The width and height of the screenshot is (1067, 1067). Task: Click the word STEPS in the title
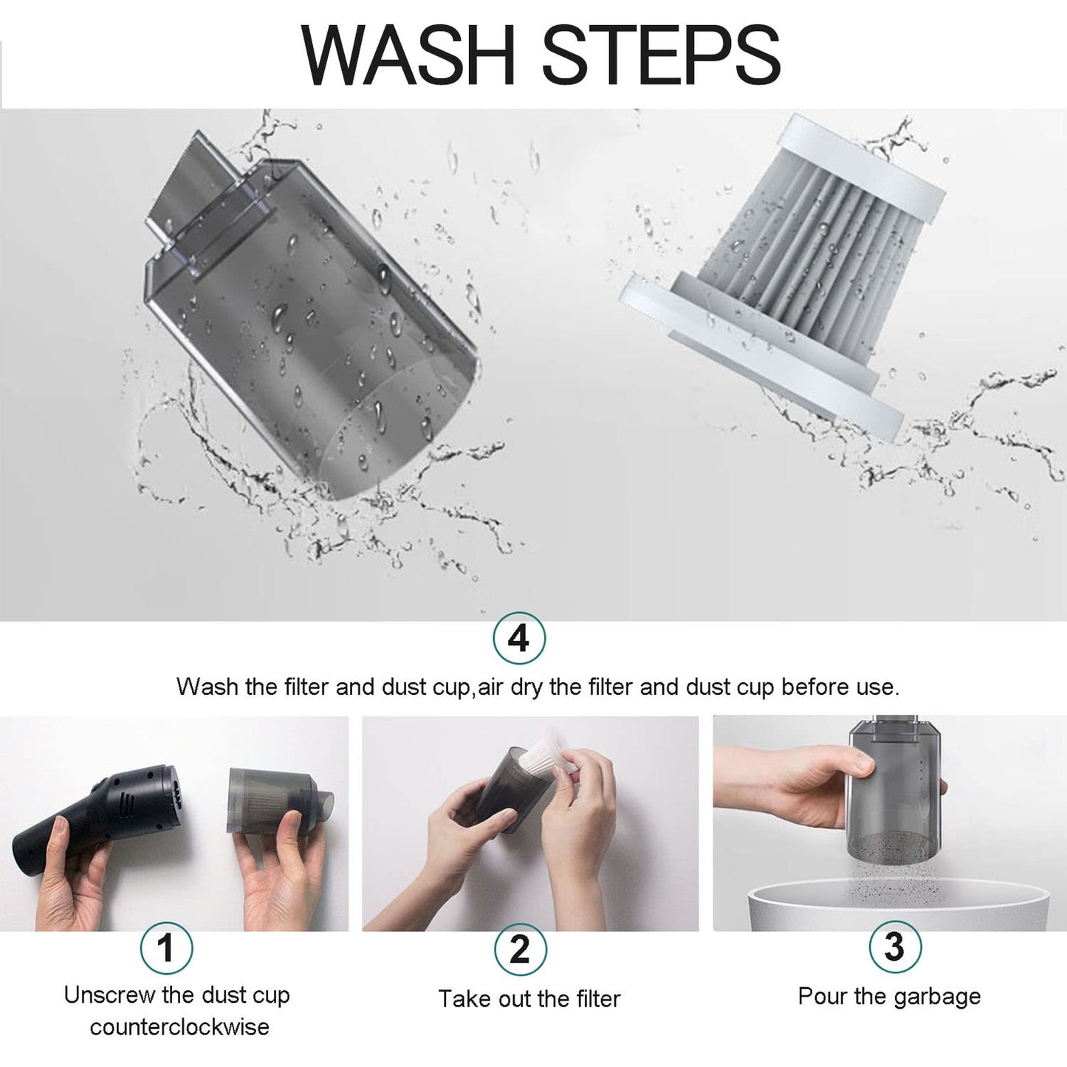coord(661,55)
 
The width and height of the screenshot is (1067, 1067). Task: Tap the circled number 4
coord(519,639)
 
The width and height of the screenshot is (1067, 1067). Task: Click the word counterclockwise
coord(179,1027)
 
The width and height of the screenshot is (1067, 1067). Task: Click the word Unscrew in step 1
coord(109,995)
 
